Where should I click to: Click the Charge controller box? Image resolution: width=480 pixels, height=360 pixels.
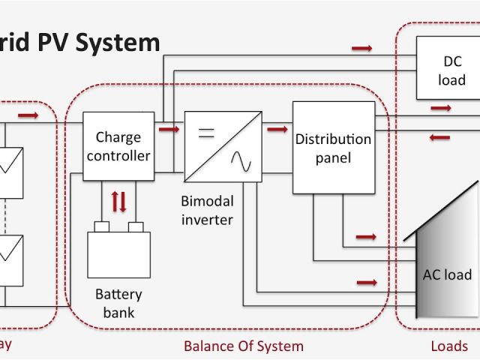point(118,147)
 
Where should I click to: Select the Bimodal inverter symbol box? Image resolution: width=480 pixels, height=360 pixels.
point(223,147)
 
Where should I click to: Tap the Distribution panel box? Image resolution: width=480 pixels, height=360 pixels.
point(333,147)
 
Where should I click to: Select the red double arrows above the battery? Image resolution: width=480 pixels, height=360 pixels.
point(118,202)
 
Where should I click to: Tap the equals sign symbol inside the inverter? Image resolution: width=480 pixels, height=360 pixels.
point(205,133)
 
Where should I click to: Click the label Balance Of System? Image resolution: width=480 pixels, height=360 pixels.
point(244,346)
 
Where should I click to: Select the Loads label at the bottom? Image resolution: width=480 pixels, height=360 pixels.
point(449,346)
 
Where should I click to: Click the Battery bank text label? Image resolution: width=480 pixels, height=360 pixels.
point(118,302)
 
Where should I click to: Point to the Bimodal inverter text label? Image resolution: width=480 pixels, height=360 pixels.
point(207,211)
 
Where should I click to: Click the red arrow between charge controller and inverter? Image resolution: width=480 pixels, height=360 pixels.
point(170,129)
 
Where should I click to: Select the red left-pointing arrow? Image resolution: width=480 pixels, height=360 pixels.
point(440,137)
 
